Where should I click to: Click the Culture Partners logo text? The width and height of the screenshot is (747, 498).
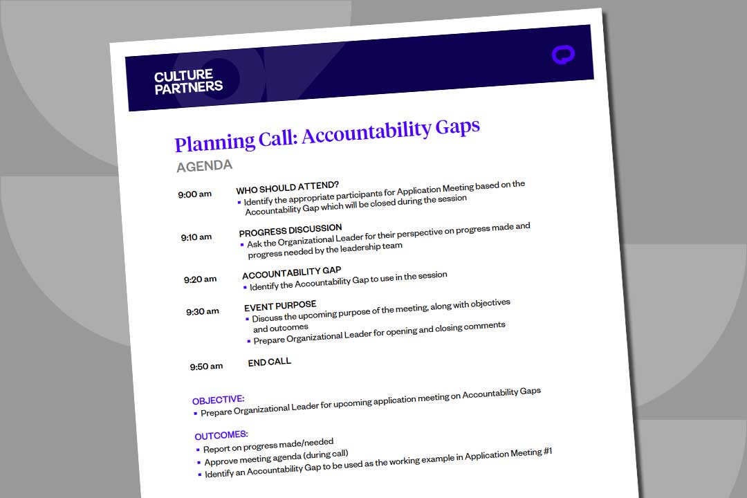click(188, 82)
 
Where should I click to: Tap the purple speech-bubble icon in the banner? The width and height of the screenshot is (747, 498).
click(563, 55)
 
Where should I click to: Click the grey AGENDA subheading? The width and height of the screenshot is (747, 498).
click(204, 166)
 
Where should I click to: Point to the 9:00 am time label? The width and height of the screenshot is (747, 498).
click(194, 194)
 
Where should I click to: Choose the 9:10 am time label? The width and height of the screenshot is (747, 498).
click(196, 237)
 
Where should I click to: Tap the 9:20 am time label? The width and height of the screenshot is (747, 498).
click(200, 279)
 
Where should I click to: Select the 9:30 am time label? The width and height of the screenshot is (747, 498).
click(202, 311)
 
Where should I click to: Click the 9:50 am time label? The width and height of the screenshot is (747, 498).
click(206, 366)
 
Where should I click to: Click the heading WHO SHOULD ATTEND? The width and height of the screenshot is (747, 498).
click(287, 187)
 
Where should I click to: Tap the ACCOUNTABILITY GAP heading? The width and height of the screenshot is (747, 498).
click(291, 272)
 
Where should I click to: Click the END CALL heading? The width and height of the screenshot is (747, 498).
click(270, 362)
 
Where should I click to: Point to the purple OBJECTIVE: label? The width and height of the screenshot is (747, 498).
click(218, 400)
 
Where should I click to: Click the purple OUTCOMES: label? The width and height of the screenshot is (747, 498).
click(221, 436)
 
